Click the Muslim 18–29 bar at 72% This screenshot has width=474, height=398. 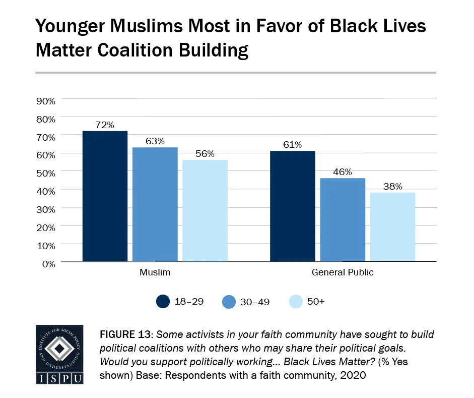105,196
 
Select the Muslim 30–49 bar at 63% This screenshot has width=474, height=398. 155,204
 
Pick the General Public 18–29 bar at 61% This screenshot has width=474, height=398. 292,206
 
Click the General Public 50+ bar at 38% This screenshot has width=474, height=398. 392,227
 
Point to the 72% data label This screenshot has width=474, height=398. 105,124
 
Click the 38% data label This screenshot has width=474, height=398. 392,186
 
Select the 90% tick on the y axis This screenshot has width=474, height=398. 46,101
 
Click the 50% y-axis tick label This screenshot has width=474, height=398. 46,173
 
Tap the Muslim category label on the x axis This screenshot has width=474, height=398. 155,273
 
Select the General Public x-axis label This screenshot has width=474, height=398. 343,273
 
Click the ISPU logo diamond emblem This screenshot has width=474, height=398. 59,349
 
